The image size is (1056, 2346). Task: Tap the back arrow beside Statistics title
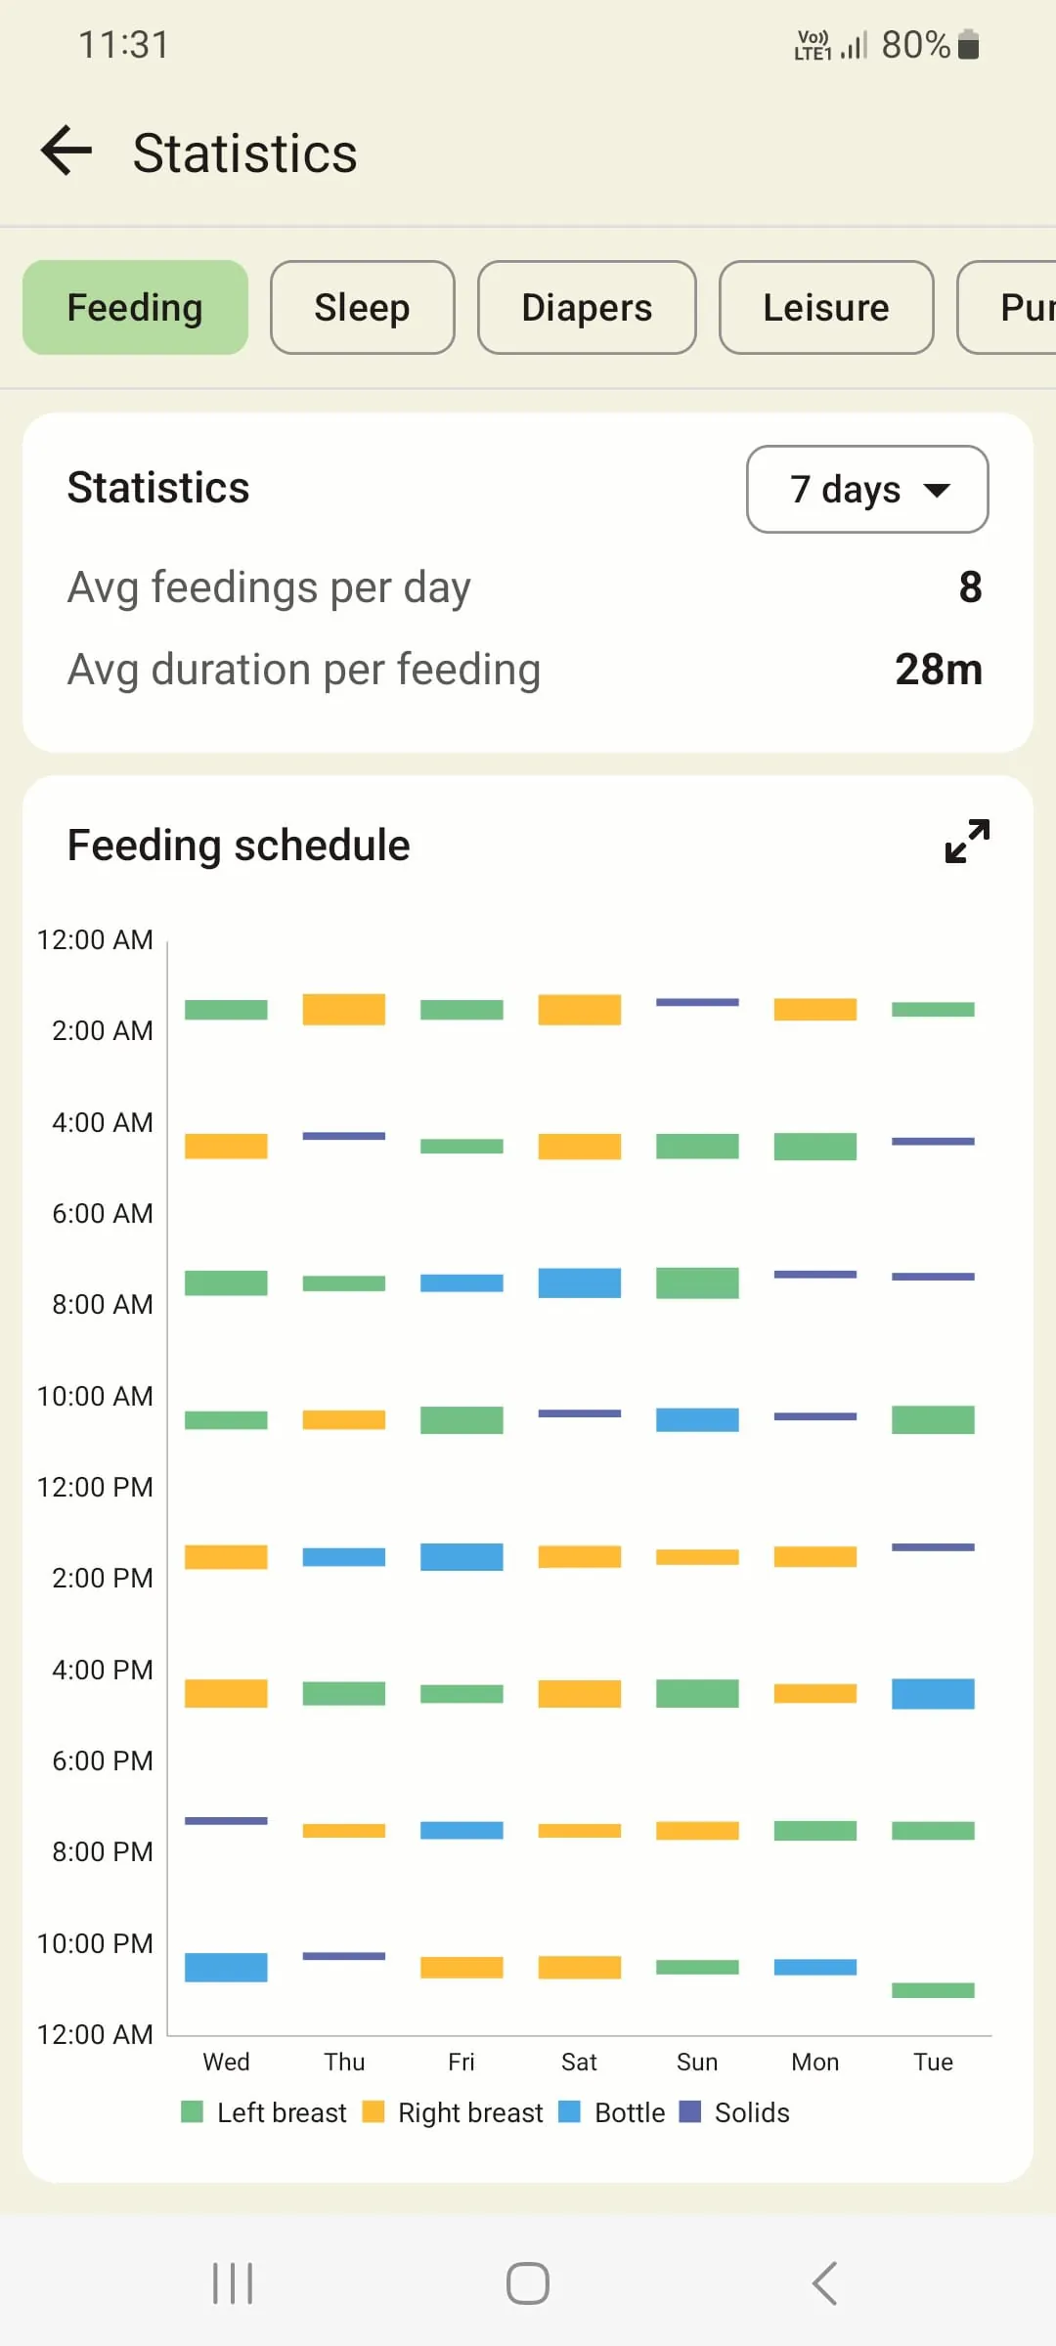pos(66,152)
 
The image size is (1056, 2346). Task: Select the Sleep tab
pos(362,308)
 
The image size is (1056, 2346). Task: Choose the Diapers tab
pos(587,308)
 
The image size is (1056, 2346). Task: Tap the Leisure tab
pos(826,308)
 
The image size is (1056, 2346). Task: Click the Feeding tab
pos(135,308)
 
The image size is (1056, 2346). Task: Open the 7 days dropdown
pos(867,489)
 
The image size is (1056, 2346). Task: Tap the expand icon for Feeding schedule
pos(967,842)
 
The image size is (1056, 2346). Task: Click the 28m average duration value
pos(938,670)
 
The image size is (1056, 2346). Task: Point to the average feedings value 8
pos(970,587)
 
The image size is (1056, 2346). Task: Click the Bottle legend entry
pos(612,2112)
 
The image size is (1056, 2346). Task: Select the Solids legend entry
pos(734,2112)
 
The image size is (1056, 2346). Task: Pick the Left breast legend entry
pos(264,2112)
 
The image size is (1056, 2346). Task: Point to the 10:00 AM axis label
pos(95,1396)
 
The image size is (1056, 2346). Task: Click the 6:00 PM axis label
pos(102,1760)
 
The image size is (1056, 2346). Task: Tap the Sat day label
pos(579,2062)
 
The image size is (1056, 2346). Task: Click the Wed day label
pos(226,2062)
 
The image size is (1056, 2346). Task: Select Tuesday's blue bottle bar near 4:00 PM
pos(933,1693)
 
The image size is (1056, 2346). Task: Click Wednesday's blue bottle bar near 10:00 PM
pos(226,1967)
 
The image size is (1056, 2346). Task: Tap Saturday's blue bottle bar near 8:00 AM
pos(579,1282)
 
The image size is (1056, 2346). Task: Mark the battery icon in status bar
pos(968,45)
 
